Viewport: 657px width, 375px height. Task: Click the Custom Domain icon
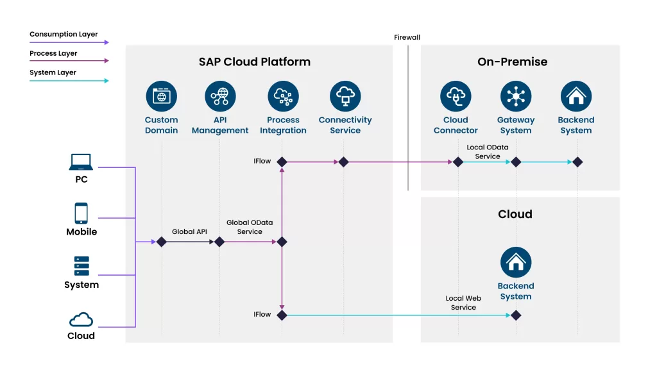[x=161, y=97]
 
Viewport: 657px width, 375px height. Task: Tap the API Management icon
[x=220, y=97]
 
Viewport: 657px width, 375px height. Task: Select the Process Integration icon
[x=283, y=97]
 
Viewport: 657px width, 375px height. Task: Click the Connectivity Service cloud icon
[x=345, y=97]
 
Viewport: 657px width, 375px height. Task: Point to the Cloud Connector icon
[x=456, y=97]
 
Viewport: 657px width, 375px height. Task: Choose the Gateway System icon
[x=516, y=97]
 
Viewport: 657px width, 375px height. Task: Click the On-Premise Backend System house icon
[x=576, y=97]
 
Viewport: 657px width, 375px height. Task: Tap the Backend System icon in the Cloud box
[x=516, y=262]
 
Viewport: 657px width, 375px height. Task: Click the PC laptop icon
[x=81, y=162]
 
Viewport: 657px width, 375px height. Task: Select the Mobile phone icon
[x=81, y=213]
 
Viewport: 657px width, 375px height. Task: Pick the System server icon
[x=81, y=266]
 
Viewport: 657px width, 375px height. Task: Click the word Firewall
[x=407, y=38]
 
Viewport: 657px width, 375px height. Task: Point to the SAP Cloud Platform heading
[x=255, y=62]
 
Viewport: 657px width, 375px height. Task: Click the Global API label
[x=189, y=231]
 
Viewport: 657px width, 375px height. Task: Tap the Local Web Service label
[x=463, y=303]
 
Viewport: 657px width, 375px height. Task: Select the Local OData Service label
[x=488, y=152]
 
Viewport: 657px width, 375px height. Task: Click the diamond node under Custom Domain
[x=162, y=242]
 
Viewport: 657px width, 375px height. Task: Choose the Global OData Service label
[x=250, y=227]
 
